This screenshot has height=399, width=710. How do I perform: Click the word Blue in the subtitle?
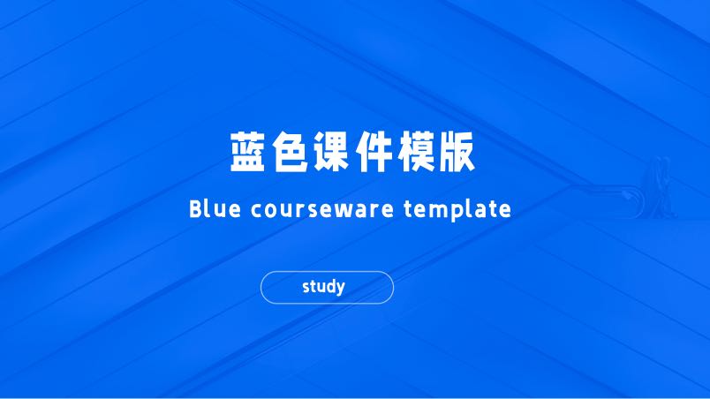pyautogui.click(x=211, y=210)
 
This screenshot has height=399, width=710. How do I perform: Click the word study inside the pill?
pyautogui.click(x=323, y=287)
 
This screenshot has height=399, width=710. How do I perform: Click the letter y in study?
pyautogui.click(x=340, y=289)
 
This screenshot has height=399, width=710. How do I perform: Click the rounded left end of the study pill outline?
pyautogui.click(x=262, y=287)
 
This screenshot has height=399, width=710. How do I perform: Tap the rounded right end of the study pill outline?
pyautogui.click(x=392, y=287)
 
